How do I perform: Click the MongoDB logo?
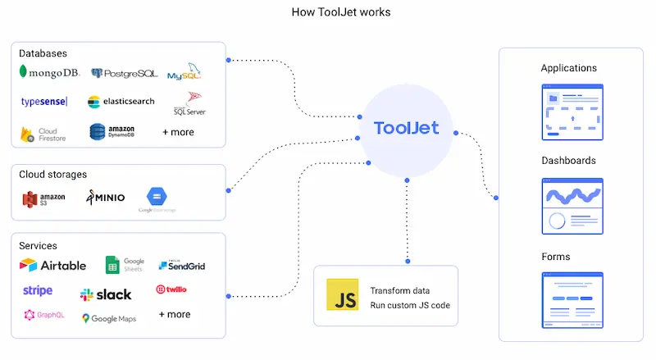pos(48,73)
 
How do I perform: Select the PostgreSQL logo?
pos(125,74)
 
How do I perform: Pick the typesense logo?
pos(44,102)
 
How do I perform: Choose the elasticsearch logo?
pos(121,102)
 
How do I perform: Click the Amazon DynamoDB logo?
pos(112,131)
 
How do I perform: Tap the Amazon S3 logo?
pos(44,198)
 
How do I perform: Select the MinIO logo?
pos(105,198)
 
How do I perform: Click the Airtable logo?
pos(52,265)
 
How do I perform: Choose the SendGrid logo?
pos(181,265)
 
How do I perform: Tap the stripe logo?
pos(38,291)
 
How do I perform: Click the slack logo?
pos(106,294)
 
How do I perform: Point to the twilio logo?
pos(171,289)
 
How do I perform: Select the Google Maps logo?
pos(109,318)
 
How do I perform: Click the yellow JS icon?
pos(342,295)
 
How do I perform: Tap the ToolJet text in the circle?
pos(406,128)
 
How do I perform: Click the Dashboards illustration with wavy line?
pos(573,207)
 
